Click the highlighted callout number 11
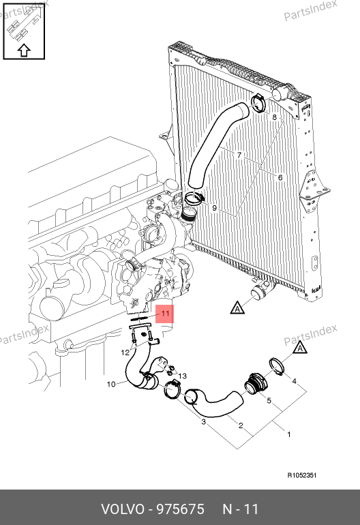point(166,314)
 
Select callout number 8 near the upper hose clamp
point(275,117)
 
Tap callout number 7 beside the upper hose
point(239,155)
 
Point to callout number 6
point(280,177)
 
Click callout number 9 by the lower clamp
point(215,208)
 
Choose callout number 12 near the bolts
point(125,352)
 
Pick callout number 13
point(183,376)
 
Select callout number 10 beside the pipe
point(111,384)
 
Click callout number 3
point(204,422)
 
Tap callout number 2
point(241,425)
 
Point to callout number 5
point(269,400)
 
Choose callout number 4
point(295,381)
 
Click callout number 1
point(289,434)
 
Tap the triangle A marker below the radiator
point(237,308)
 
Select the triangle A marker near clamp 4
point(300,348)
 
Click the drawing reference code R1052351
point(302,475)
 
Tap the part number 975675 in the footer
point(181,509)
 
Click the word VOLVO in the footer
point(122,509)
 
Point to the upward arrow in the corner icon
point(24,50)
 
